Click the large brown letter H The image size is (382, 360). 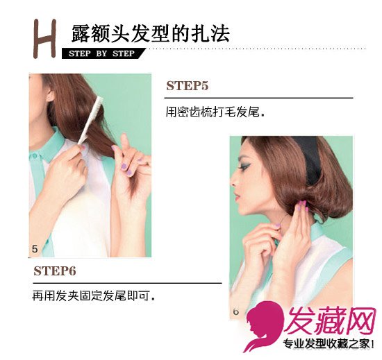point(45,39)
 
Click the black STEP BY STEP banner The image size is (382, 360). point(103,53)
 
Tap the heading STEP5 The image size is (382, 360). point(187,86)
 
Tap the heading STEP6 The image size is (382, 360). point(55,271)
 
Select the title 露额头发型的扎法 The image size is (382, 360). point(151,33)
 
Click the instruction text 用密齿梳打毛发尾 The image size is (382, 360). point(215,112)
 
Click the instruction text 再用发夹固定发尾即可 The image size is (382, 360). point(94,296)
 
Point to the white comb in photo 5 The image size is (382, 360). point(90,121)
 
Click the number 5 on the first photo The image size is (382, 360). point(35,249)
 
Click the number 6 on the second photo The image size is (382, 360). point(235,311)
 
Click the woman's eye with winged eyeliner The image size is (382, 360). point(245,167)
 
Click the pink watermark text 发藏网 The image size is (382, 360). point(329,321)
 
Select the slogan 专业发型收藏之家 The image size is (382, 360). point(326,344)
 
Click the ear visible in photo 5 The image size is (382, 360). point(51,95)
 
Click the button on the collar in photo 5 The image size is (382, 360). point(33,156)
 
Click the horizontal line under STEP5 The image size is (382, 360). point(259,98)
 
